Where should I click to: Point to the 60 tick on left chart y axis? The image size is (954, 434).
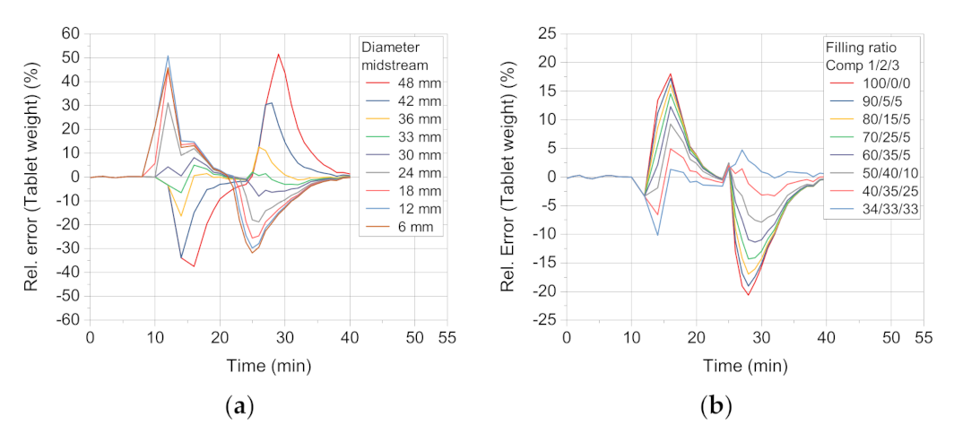(x=69, y=34)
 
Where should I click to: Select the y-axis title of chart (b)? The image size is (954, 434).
(x=509, y=177)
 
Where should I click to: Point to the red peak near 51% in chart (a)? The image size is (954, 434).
(x=279, y=54)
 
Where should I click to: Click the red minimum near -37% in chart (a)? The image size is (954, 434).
(x=194, y=266)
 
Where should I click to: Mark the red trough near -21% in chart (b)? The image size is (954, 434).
(x=749, y=295)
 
